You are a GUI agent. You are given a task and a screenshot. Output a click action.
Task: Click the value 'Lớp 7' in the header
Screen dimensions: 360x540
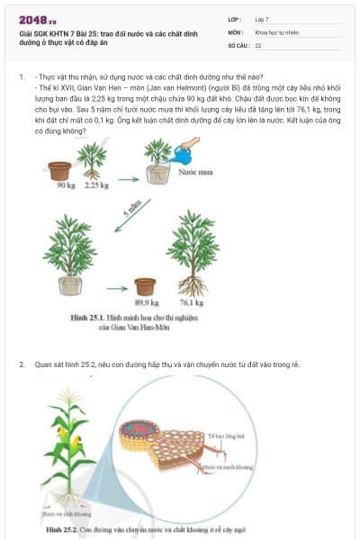[x=262, y=19]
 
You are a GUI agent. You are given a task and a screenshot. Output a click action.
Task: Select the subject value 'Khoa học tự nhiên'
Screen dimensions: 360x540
[x=274, y=31]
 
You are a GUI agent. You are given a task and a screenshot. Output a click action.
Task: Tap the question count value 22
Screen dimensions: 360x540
[x=258, y=44]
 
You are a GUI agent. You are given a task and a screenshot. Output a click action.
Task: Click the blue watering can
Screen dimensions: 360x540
[x=183, y=156]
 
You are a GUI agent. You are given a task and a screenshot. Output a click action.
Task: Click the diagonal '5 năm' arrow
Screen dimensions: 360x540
[x=133, y=216]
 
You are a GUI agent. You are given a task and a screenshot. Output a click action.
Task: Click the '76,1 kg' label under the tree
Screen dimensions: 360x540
[x=192, y=303]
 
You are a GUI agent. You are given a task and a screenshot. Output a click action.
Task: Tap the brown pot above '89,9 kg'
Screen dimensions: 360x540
[x=145, y=286]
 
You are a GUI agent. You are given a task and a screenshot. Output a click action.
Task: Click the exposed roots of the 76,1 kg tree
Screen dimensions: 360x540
[x=193, y=285]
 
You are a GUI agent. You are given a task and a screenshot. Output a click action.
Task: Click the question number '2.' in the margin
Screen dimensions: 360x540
[x=22, y=364]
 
